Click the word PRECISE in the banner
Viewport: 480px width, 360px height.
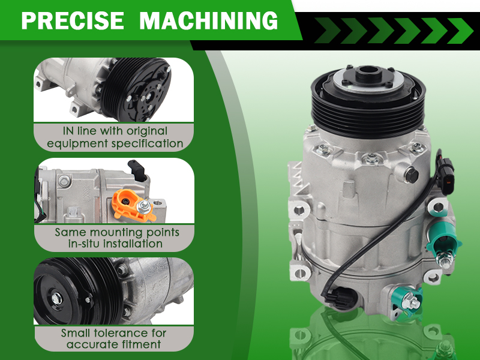tap(73, 20)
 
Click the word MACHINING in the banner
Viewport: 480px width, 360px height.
tap(208, 20)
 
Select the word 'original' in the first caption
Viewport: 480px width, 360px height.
tap(147, 131)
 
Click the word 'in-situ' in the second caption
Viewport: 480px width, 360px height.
tap(84, 244)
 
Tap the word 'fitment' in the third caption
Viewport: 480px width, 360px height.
tap(142, 344)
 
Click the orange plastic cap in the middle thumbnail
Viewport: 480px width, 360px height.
tap(130, 204)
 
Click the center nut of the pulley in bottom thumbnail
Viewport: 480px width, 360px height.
tap(56, 299)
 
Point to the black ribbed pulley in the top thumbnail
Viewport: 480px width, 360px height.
tap(136, 89)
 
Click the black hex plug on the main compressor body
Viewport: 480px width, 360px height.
tap(412, 176)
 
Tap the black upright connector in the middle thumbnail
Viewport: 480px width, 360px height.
tap(137, 170)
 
